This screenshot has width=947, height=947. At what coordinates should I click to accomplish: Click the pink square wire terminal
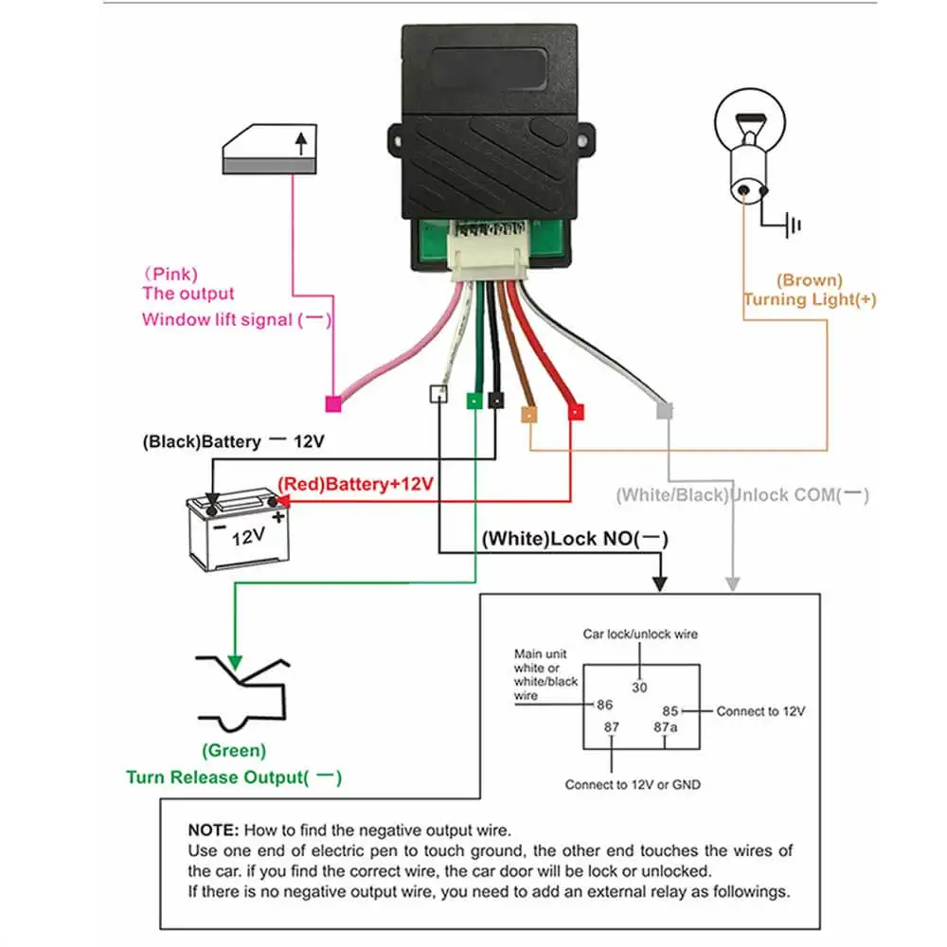pos(332,404)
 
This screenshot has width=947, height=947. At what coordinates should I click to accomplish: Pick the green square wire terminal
pos(473,401)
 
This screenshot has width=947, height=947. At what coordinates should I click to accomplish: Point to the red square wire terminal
pos(576,412)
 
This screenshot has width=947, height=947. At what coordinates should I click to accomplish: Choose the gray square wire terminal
pos(665,411)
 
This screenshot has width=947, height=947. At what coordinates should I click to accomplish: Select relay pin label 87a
pos(665,726)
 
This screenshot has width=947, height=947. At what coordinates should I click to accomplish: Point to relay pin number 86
pos(603,706)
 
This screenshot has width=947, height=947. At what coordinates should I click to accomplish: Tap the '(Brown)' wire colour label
pos(809,280)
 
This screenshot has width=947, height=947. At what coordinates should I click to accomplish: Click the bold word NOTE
pos(212,830)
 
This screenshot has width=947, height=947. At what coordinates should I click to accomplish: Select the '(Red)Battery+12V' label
pos(355,485)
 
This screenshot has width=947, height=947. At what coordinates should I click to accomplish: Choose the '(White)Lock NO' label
pos(575,540)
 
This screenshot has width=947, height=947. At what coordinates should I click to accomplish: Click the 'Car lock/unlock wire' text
pos(639,634)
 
